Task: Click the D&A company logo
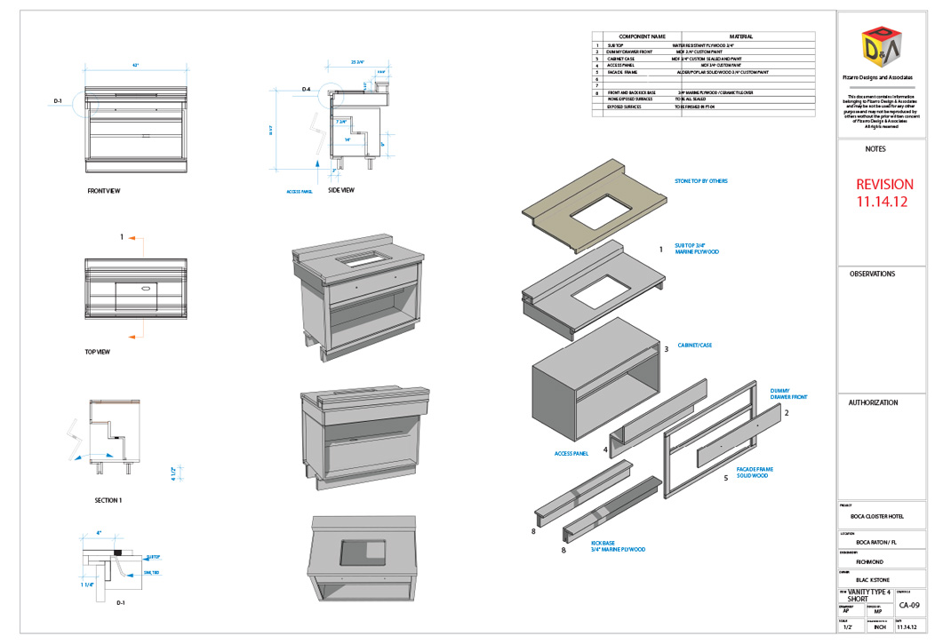881,48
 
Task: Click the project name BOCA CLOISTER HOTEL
876,516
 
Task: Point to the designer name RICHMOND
869,562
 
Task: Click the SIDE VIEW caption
341,190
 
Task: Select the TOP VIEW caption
98,352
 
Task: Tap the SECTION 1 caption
108,500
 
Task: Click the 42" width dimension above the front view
136,66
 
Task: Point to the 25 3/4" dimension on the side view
357,62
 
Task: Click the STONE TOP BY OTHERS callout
701,181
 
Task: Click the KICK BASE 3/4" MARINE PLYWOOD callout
617,546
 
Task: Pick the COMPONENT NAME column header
635,36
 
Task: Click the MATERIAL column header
741,36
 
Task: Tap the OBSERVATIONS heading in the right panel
872,274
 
